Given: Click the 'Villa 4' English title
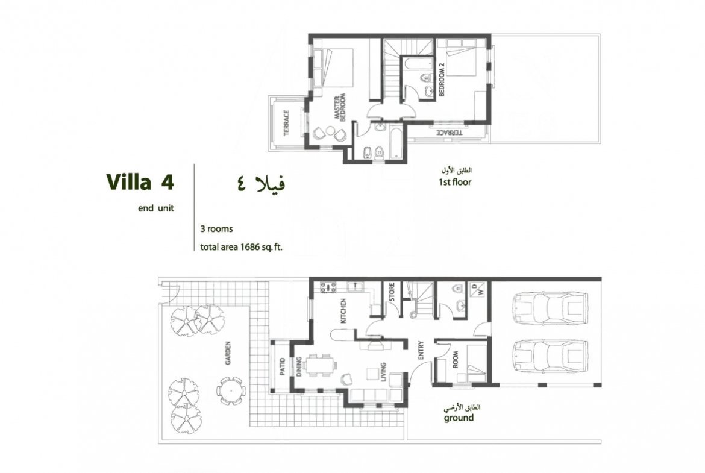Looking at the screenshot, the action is coord(140,182).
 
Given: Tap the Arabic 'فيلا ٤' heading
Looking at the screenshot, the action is coord(261,183).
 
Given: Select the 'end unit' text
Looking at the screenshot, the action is coord(155,208).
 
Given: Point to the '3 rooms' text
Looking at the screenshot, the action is coord(216,229).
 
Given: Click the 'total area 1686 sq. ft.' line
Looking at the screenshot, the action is coord(241,247).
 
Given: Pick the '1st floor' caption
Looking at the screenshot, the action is coord(455,182).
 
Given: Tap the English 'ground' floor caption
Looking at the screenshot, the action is coord(459,418).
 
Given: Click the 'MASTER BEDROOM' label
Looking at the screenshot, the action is coord(340,107).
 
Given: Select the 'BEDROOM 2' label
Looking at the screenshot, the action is coord(442,80).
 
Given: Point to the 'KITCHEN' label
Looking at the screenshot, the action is coord(343,311).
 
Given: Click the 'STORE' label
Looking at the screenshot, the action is coord(392,292).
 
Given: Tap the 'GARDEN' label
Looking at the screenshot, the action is coord(228,354).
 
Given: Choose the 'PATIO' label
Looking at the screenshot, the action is coord(283,366).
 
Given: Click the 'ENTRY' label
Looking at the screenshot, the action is coord(421,350).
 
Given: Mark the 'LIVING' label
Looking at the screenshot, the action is coord(383,372).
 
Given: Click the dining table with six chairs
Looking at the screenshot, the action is coord(320,365).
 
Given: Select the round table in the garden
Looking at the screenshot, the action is coord(231,390).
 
